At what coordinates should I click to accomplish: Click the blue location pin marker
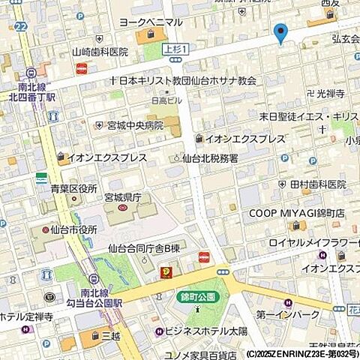[x=281, y=32]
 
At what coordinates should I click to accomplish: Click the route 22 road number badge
[x=19, y=26]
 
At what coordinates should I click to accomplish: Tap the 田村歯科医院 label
[x=317, y=184]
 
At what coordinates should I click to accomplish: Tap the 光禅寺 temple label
[x=329, y=94]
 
